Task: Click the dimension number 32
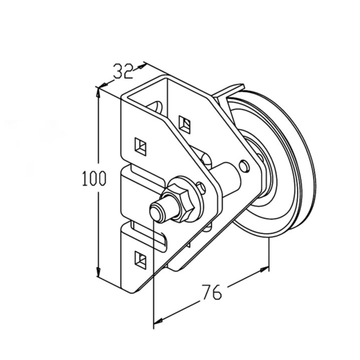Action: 123,71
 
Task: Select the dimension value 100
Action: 94,178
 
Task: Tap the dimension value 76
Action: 212,292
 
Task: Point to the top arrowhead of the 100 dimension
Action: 99,94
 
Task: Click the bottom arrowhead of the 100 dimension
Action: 99,271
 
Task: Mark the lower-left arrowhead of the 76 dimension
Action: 158,321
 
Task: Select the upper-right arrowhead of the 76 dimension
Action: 264,269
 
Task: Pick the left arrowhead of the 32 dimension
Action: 104,85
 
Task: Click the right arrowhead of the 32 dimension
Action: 141,66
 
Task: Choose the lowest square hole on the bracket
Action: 141,260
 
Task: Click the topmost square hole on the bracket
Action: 184,125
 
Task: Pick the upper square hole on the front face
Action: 141,147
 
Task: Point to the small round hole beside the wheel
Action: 244,166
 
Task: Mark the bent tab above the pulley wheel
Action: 228,90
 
